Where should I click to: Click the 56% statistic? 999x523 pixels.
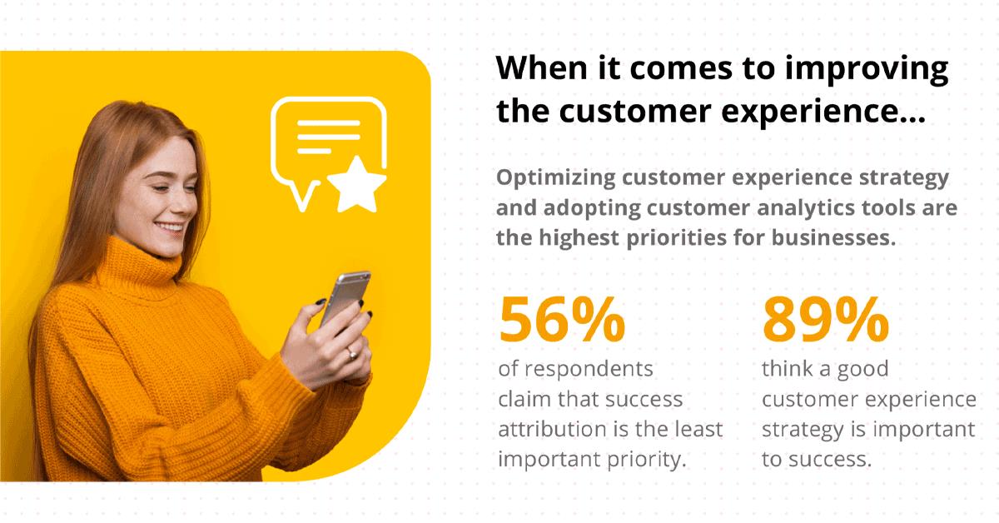[x=562, y=320]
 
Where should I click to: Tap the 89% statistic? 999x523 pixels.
[x=826, y=320]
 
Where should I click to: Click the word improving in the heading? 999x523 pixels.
[x=867, y=69]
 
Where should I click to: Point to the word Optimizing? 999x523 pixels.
[x=556, y=178]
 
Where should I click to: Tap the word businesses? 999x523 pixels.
[x=833, y=237]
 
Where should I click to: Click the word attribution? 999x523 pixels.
[x=553, y=429]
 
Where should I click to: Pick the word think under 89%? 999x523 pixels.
[x=788, y=369]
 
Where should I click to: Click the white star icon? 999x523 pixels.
[x=357, y=185]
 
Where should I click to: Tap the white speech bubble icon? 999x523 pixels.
[x=328, y=147]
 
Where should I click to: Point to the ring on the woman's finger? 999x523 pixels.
[x=352, y=354]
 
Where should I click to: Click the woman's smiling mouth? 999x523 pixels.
[x=169, y=227]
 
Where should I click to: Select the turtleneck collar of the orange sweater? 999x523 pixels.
[x=138, y=264]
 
